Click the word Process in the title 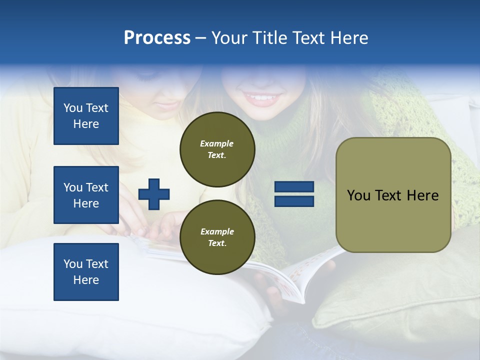pos(157,38)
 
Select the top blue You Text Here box pos(86,116)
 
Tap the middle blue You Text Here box pos(86,195)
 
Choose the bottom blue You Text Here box pos(86,272)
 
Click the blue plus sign pos(154,194)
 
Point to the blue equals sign pos(294,194)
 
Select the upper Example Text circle pos(217,149)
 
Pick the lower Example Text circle pos(217,237)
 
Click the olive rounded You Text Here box pos(393,195)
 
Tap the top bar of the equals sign pos(294,187)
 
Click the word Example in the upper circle pos(217,143)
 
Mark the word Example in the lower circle pos(217,231)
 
